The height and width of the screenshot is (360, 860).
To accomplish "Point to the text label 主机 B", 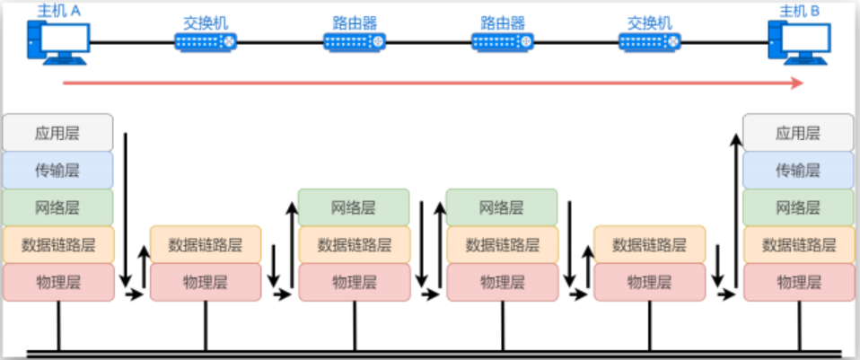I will coord(800,10).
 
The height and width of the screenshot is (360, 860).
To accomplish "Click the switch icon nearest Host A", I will coord(206,41).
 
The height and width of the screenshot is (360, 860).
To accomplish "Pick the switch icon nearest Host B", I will coord(649,41).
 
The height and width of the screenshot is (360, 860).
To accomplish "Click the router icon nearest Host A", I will coord(354,41).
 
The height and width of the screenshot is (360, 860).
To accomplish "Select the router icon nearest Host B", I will coord(502,41).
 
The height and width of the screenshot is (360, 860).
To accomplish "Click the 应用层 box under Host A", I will coord(57,133).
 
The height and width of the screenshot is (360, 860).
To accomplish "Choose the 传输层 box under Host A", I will coord(57,171).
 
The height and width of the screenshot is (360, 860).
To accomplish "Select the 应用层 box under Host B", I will coord(798,133).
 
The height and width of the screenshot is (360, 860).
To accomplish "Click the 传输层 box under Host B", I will coord(798,171).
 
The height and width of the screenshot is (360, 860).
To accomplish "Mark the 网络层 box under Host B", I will coord(798,207).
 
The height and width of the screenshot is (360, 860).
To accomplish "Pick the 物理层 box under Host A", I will coord(57,282).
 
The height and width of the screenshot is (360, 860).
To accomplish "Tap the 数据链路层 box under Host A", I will coord(57,244).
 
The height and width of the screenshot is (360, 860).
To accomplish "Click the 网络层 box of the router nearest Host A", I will coord(354,207).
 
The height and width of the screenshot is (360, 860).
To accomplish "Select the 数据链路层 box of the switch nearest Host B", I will coord(649,244).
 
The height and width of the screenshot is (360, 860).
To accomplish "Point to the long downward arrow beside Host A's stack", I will coord(126,206).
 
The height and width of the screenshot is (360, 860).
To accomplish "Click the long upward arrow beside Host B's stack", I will coord(735,206).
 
